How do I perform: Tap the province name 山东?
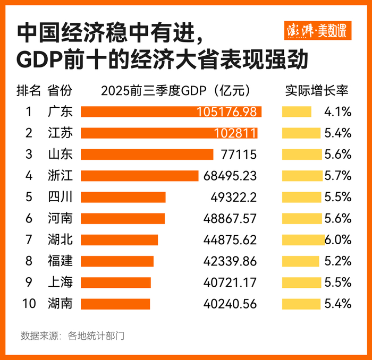pyautogui.click(x=59, y=154)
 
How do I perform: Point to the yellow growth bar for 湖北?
pyautogui.click(x=303, y=239)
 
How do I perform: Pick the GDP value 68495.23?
pyautogui.click(x=230, y=175)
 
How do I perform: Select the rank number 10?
pyautogui.click(x=29, y=304)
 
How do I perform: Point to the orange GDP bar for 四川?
pyautogui.click(x=123, y=197)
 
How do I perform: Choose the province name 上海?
pyautogui.click(x=59, y=282)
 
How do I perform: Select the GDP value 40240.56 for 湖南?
pyautogui.click(x=230, y=304)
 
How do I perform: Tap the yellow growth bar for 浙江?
pyautogui.click(x=302, y=175)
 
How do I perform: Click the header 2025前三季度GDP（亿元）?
pyautogui.click(x=176, y=90)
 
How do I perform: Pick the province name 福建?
pyautogui.click(x=59, y=261)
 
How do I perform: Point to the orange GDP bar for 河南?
pyautogui.click(x=122, y=218)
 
